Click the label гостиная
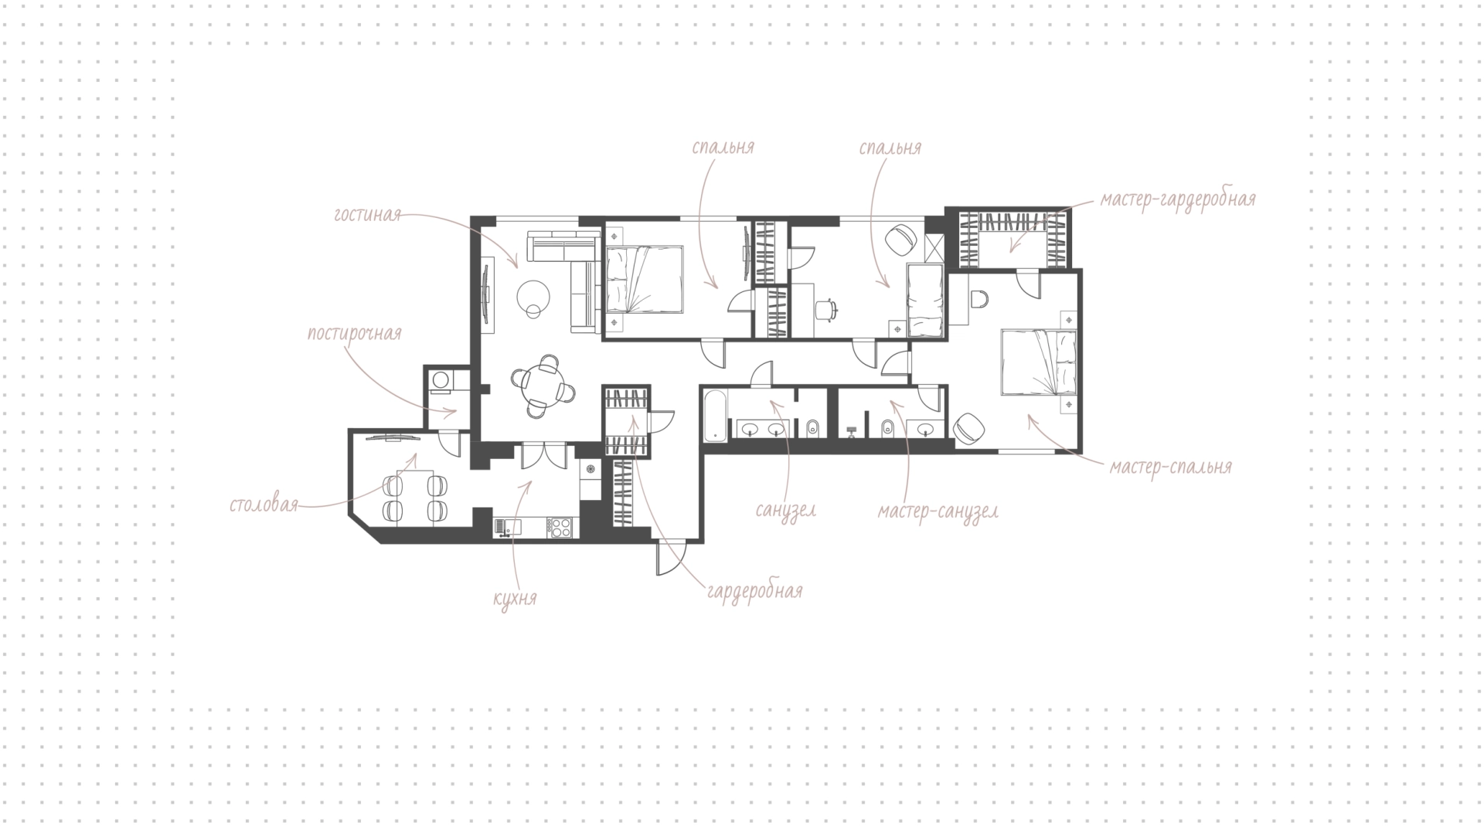click(x=367, y=214)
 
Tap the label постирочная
click(x=355, y=333)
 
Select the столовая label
click(x=264, y=505)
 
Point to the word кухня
click(x=515, y=598)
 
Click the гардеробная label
click(x=754, y=592)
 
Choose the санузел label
click(x=786, y=511)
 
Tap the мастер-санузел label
click(x=938, y=512)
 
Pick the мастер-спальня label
click(x=1171, y=467)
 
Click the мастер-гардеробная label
click(x=1179, y=199)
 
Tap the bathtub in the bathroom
click(x=715, y=415)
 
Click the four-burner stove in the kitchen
click(x=559, y=527)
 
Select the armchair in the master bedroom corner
click(x=970, y=428)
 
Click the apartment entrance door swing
click(x=671, y=558)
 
